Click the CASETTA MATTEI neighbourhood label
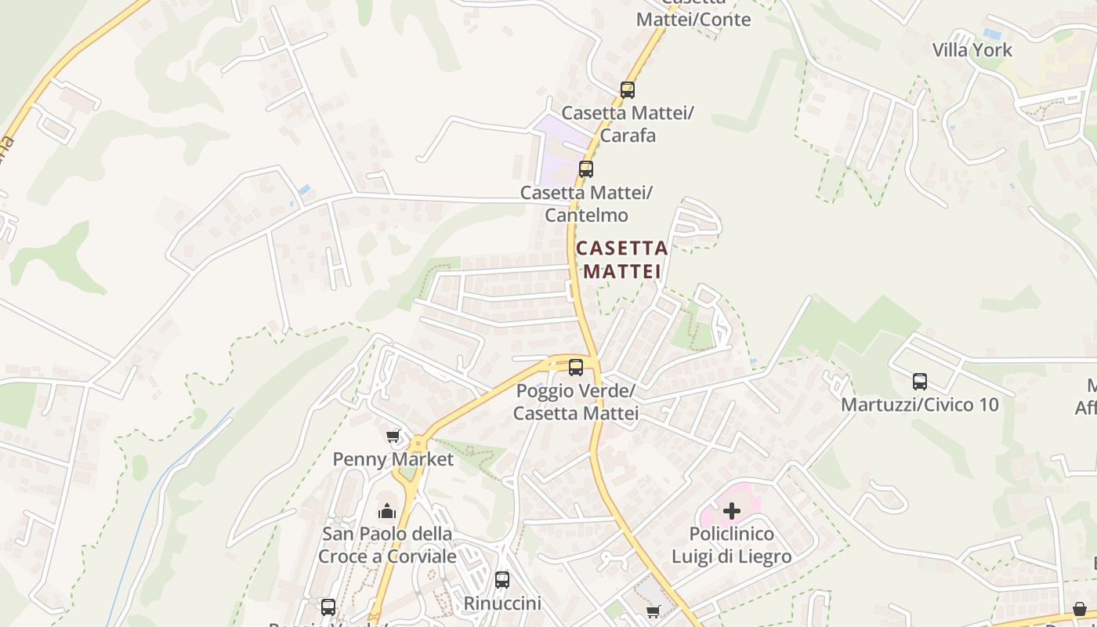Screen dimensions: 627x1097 coord(622,259)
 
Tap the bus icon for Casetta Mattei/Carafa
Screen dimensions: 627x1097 coord(627,89)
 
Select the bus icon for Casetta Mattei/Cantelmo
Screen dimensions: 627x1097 coord(585,169)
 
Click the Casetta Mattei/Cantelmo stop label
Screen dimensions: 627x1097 coord(586,204)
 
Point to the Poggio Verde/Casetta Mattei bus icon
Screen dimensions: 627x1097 coord(576,367)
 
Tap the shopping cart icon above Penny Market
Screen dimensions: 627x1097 coord(393,436)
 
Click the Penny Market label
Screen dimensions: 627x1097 coord(393,459)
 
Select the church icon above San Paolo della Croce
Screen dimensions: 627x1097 coord(387,512)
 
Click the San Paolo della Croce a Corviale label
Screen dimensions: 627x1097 coord(387,545)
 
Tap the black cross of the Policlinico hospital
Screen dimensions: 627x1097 coord(731,511)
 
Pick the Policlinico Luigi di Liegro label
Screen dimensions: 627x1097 coord(731,545)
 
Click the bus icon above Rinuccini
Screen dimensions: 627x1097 coord(502,580)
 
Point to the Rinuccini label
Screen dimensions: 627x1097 coord(502,603)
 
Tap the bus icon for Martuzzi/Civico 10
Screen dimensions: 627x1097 coord(920,382)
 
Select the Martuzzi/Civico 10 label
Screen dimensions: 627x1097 coord(920,404)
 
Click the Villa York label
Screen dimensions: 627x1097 coord(972,50)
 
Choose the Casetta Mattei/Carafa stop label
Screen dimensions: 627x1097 coord(628,124)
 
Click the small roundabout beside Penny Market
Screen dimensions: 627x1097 coord(418,444)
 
